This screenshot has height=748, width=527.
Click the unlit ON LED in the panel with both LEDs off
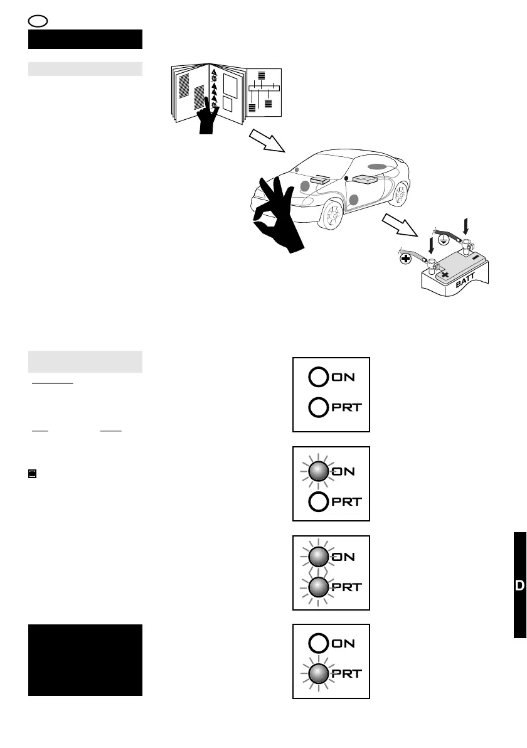317,377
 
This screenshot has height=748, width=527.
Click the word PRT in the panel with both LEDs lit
349,587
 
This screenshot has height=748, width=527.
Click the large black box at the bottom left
85,660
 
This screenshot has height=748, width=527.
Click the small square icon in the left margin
33,474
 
